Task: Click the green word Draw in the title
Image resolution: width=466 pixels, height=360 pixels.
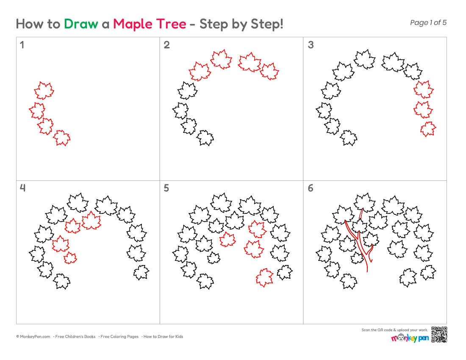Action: [81, 24]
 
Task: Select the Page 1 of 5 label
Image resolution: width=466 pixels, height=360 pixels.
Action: [428, 22]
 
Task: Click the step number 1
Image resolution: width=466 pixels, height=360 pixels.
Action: [22, 45]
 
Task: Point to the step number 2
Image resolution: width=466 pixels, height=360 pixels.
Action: [167, 45]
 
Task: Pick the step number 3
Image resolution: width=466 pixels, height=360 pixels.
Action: [311, 45]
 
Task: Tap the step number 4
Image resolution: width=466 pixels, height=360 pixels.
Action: [22, 188]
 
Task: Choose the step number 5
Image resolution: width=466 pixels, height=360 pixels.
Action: [166, 188]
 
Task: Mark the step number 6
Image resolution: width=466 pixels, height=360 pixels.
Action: [311, 188]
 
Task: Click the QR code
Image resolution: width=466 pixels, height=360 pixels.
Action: [439, 335]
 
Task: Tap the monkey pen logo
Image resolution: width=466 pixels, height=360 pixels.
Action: [410, 338]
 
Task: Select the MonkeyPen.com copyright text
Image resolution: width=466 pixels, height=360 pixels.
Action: [33, 337]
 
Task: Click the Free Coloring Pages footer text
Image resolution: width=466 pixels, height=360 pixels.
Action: [119, 337]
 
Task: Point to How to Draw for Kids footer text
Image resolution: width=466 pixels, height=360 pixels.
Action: [163, 337]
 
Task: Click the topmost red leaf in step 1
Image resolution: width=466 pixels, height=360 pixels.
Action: [44, 91]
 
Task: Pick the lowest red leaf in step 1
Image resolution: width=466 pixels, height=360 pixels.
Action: [62, 138]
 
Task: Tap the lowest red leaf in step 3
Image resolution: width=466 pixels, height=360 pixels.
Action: [428, 129]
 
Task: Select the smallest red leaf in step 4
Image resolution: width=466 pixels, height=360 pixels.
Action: [70, 258]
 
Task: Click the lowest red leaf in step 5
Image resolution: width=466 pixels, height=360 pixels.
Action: [264, 277]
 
